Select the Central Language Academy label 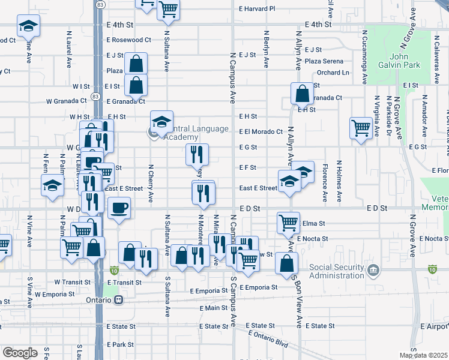click(x=192, y=133)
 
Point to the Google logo click(x=20, y=352)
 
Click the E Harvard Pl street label click(x=256, y=9)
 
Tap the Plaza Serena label click(x=324, y=61)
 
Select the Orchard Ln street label click(x=333, y=73)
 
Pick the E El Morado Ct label click(x=261, y=131)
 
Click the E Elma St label click(x=312, y=223)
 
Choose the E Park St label click(x=119, y=345)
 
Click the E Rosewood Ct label click(x=128, y=40)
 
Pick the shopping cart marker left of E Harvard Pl click(x=168, y=8)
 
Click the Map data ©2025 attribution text click(x=423, y=355)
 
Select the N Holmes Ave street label click(x=339, y=181)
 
